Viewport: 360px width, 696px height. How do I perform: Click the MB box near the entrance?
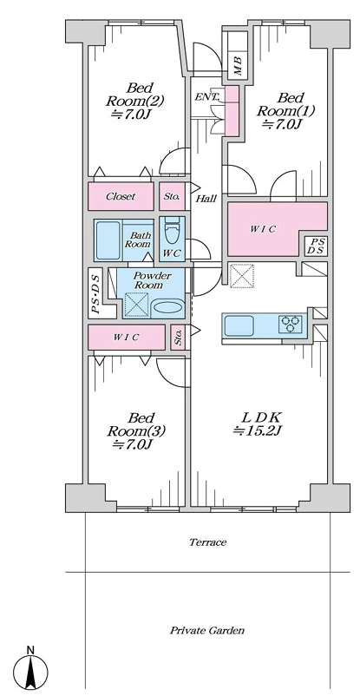pyautogui.click(x=238, y=66)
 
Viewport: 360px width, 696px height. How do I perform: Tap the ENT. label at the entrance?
pyautogui.click(x=207, y=97)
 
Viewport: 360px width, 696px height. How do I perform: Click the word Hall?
pyautogui.click(x=206, y=199)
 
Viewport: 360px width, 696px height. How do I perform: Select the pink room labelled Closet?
pyautogui.click(x=121, y=196)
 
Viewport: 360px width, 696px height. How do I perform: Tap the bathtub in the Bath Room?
pyautogui.click(x=108, y=240)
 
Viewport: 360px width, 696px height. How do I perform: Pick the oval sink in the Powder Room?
pyautogui.click(x=167, y=308)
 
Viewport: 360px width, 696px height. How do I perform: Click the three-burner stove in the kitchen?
pyautogui.click(x=291, y=324)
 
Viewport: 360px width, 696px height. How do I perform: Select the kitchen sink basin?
pyautogui.click(x=239, y=325)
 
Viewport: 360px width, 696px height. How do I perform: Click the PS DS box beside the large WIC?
pyautogui.click(x=318, y=246)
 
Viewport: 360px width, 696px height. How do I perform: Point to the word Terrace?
pyautogui.click(x=207, y=542)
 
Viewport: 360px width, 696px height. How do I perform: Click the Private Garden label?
pyautogui.click(x=207, y=630)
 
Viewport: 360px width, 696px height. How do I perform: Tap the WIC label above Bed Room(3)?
pyautogui.click(x=126, y=338)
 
